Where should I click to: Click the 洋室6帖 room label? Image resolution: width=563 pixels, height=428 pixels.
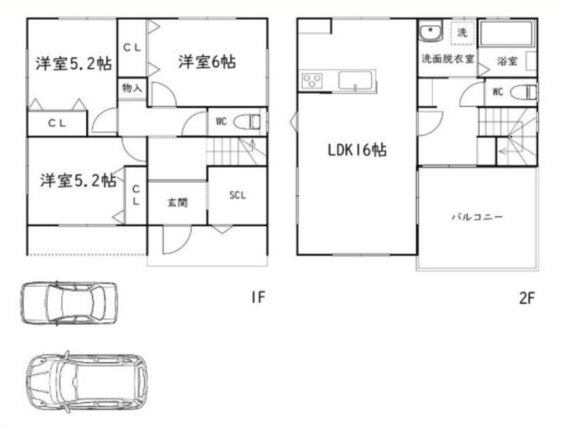(x=207, y=62)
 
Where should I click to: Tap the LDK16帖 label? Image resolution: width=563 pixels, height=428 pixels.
(x=357, y=151)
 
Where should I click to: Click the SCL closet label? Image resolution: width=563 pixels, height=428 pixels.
(x=237, y=195)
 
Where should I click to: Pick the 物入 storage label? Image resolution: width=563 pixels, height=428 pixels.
(x=132, y=89)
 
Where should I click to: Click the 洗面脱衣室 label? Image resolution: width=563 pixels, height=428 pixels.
(x=447, y=59)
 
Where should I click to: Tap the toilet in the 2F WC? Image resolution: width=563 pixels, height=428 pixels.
(x=524, y=93)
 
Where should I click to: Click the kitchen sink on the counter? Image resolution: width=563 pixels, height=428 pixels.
(x=355, y=81)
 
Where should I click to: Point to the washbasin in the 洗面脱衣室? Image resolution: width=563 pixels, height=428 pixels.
(x=432, y=33)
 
